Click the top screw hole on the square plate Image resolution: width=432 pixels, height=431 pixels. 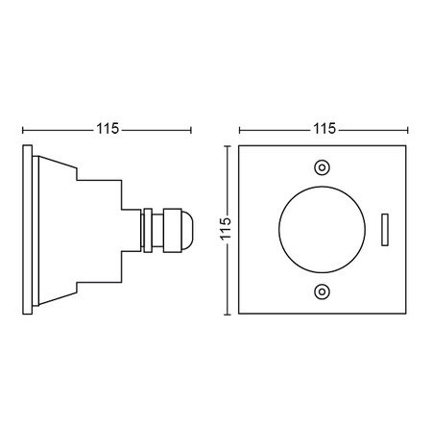point(322,165)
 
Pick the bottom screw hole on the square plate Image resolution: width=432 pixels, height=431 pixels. point(322,292)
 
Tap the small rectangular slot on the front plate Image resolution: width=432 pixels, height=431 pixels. point(384,229)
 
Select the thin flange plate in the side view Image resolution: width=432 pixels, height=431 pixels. point(33,230)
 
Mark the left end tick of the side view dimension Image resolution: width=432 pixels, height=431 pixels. point(23,129)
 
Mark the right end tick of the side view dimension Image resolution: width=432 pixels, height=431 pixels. point(191,129)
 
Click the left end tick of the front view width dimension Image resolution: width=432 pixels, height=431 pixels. point(239,129)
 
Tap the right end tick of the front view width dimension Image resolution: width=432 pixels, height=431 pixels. point(406,129)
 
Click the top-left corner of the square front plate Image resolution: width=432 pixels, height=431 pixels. point(239,145)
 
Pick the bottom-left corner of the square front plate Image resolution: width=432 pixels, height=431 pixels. point(239,314)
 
